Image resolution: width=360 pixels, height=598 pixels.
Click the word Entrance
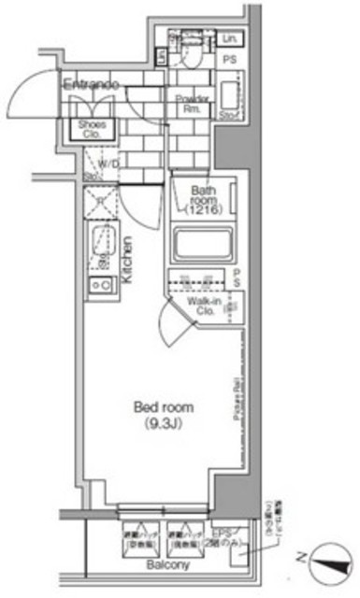pos(91,85)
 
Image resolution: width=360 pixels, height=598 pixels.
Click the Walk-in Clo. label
pos(203,307)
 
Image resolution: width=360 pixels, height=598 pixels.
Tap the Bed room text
pos(164,407)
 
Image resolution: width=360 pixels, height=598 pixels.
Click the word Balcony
pos(168,565)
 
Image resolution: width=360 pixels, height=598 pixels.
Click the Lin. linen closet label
pos(230,38)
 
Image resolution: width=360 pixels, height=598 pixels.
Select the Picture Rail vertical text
pos(227,397)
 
